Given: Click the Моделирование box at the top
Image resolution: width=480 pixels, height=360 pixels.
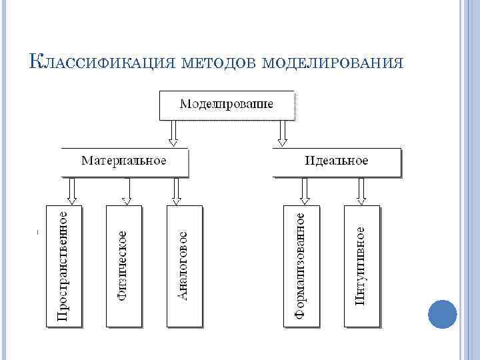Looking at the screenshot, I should tap(226, 105).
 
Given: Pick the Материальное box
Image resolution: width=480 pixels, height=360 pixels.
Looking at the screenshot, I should tap(124, 161).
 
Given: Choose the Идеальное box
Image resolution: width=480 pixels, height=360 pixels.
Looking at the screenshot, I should tap(337, 161).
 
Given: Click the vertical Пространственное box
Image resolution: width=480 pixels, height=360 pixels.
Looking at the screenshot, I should tap(63, 265).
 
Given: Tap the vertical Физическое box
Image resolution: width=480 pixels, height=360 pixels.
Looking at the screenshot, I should tap(124, 265).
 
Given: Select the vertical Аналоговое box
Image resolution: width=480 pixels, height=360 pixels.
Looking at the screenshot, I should tap(184, 265).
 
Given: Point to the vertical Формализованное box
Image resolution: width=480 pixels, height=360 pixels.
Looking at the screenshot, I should tap(301, 265).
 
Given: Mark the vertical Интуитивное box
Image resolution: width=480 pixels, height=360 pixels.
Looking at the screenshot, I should tap(361, 265).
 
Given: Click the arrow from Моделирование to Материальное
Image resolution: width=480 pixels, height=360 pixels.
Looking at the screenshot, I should tap(173, 133).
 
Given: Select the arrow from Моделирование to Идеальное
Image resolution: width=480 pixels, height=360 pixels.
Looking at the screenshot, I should tap(282, 133).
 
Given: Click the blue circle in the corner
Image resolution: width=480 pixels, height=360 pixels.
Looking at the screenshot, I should tap(442, 314).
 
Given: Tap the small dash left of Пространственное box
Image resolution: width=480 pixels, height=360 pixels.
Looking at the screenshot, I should tap(37, 232).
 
